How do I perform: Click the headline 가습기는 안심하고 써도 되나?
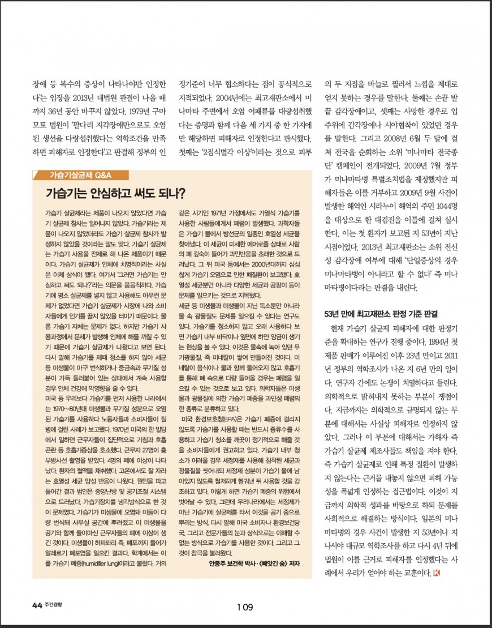click(x=116, y=193)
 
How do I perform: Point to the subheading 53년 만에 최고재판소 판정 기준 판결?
click(x=381, y=313)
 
